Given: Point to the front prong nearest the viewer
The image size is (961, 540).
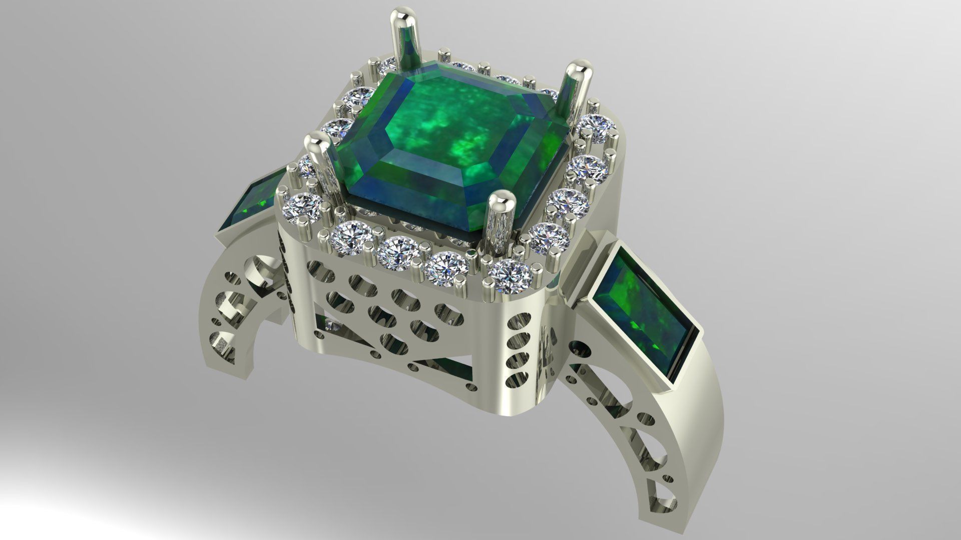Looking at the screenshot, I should point(498,220).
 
